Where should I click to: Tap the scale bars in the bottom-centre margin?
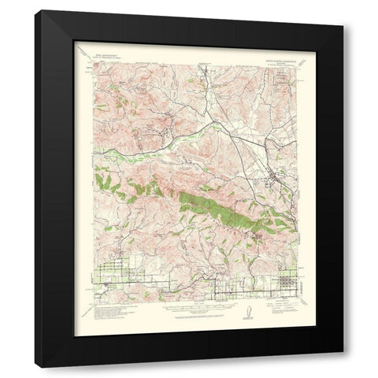pos(189,308)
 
